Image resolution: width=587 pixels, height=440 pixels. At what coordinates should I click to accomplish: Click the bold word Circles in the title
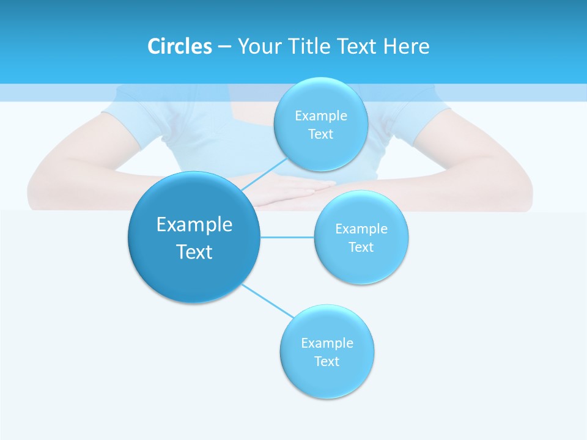tap(179, 46)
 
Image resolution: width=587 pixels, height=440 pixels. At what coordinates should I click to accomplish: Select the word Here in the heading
tap(407, 46)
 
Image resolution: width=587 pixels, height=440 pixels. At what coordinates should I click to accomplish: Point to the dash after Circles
tap(224, 47)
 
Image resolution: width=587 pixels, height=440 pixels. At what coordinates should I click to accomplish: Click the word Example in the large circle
tap(194, 225)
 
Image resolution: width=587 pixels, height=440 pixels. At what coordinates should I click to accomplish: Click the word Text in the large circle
tap(194, 252)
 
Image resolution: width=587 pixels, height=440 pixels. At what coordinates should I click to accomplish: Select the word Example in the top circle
tap(321, 116)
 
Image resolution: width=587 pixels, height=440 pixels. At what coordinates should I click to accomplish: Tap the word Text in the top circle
tap(320, 134)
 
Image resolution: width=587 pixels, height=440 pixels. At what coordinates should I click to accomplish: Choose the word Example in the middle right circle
tap(361, 229)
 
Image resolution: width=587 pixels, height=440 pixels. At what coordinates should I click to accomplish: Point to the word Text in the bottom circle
tap(327, 361)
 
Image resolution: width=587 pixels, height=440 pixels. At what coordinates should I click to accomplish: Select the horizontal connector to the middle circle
tap(287, 237)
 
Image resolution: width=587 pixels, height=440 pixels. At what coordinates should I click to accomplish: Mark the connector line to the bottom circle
tap(267, 301)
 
